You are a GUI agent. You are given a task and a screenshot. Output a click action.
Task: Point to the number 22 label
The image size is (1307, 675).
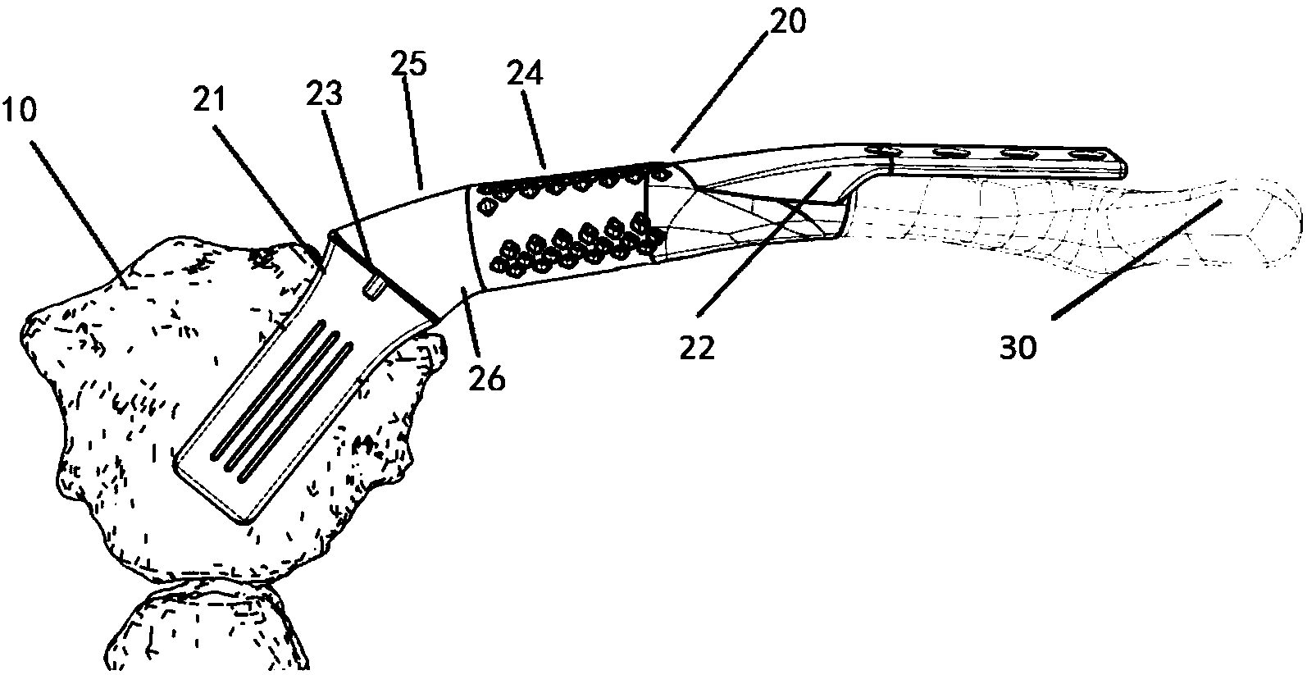tap(697, 349)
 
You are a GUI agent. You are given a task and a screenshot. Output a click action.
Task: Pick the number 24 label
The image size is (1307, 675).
tap(526, 76)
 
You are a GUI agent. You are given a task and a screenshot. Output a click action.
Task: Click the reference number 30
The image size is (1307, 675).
tap(1017, 348)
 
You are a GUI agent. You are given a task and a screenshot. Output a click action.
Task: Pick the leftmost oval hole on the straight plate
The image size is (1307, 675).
tap(883, 151)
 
